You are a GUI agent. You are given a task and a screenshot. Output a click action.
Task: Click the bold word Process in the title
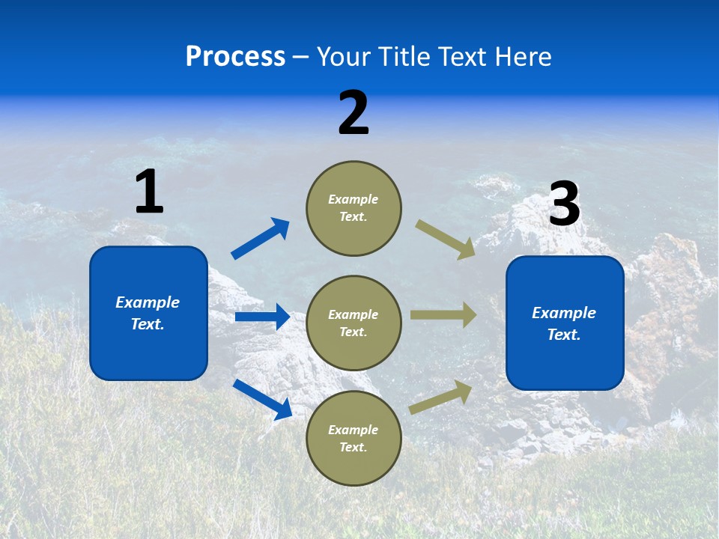click(x=235, y=57)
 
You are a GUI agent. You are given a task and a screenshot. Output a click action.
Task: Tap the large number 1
click(x=149, y=192)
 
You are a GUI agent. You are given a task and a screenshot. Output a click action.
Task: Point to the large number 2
click(x=354, y=113)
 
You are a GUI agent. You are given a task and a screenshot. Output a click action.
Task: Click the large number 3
click(x=564, y=204)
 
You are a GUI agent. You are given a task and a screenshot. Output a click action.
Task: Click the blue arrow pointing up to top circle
click(x=260, y=239)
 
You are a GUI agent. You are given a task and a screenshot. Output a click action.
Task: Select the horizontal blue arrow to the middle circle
click(x=262, y=317)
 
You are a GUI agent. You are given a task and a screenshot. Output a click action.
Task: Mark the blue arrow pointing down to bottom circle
click(x=262, y=399)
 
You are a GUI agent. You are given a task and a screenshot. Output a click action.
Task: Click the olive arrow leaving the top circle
click(x=445, y=239)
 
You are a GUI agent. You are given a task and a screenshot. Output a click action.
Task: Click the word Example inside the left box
click(x=148, y=302)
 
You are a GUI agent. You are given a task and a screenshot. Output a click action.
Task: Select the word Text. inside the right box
click(x=564, y=335)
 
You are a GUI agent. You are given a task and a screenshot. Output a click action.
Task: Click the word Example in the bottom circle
click(x=354, y=430)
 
